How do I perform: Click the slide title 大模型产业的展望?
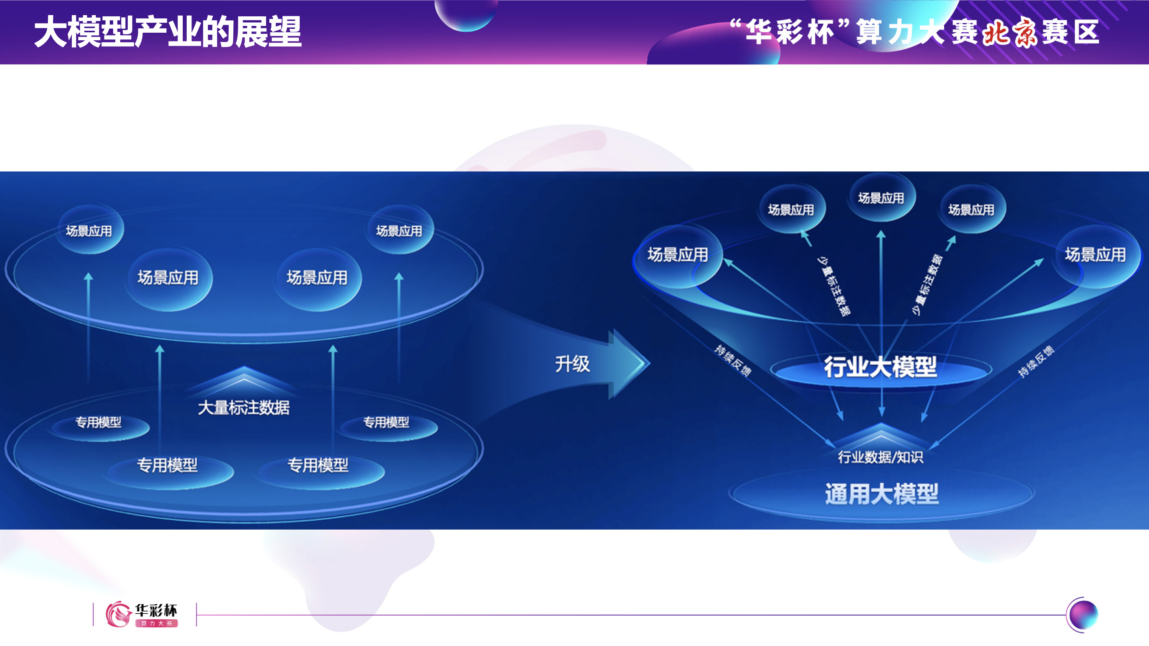point(168,32)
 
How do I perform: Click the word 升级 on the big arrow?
point(572,364)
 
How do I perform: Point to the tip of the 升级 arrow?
point(650,363)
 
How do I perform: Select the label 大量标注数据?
point(243,408)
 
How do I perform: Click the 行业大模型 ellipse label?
point(880,367)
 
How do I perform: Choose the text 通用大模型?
point(882,494)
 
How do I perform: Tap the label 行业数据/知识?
point(881,457)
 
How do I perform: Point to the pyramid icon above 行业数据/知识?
point(881,435)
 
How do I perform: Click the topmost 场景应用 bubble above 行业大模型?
point(881,197)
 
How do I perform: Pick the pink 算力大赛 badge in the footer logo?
point(156,623)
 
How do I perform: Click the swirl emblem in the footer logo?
point(118,614)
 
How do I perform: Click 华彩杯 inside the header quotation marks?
point(790,32)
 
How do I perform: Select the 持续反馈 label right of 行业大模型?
point(1036,362)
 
